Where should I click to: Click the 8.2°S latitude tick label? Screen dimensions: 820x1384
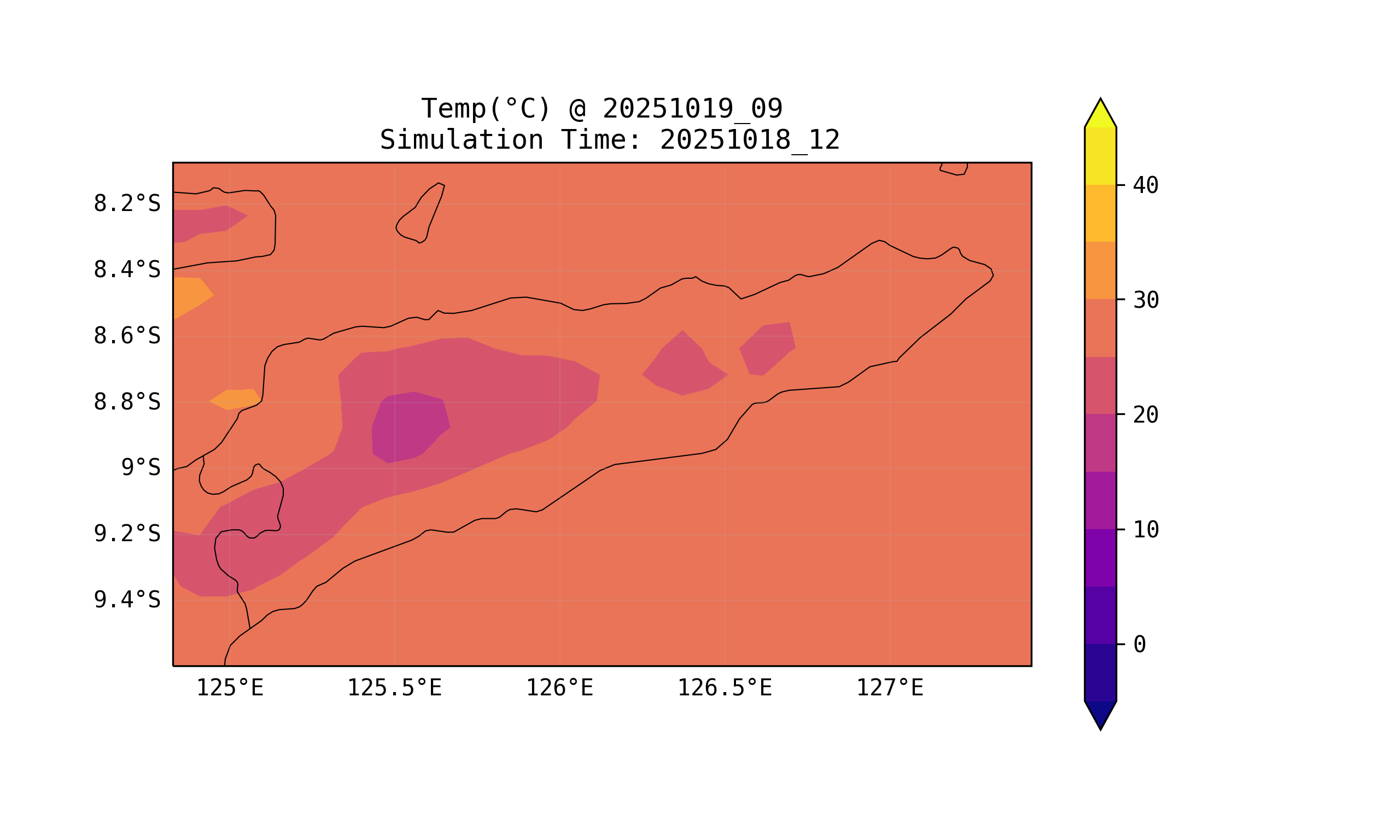(126, 204)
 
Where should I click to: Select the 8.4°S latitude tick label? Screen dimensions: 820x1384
(126, 270)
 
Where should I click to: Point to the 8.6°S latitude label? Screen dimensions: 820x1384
(126, 336)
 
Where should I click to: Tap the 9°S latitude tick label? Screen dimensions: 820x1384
(141, 468)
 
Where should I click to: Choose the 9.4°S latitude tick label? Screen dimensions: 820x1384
(126, 600)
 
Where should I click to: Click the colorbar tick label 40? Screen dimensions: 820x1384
(1145, 186)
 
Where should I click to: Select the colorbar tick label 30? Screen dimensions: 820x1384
(1145, 301)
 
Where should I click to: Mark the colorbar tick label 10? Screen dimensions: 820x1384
(1145, 530)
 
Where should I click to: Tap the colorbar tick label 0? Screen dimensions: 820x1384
(1139, 645)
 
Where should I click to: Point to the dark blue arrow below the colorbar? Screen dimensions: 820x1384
(1100, 713)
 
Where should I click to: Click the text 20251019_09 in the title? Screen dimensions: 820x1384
(692, 109)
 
